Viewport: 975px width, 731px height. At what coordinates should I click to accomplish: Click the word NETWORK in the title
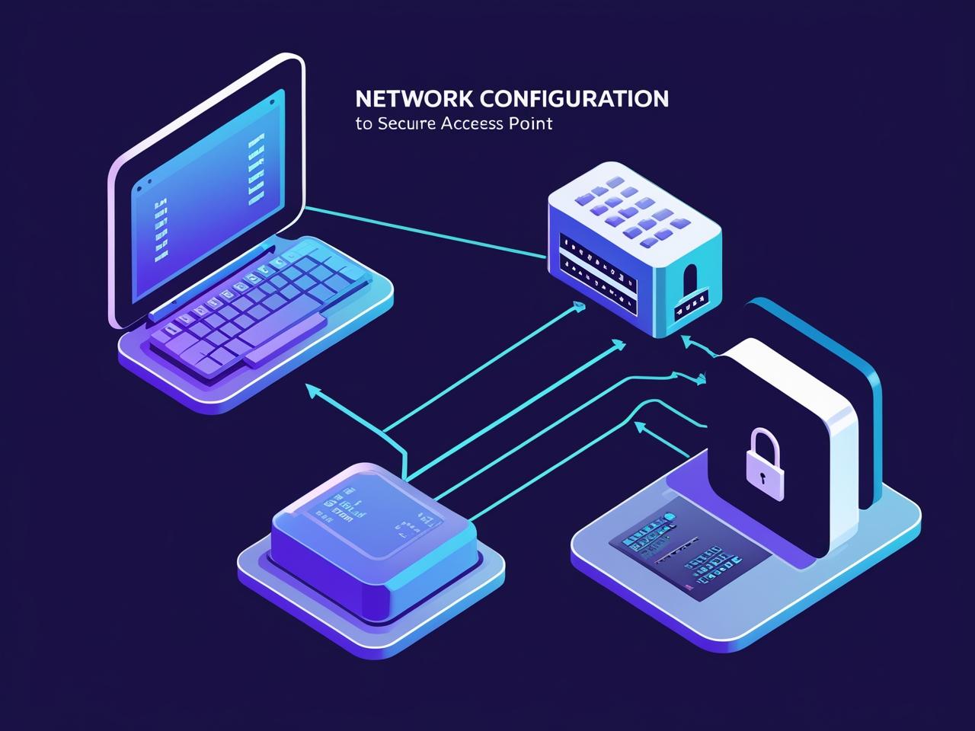point(403,99)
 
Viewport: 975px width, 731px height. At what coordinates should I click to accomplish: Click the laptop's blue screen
point(206,198)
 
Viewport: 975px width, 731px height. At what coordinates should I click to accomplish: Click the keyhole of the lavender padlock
point(762,478)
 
